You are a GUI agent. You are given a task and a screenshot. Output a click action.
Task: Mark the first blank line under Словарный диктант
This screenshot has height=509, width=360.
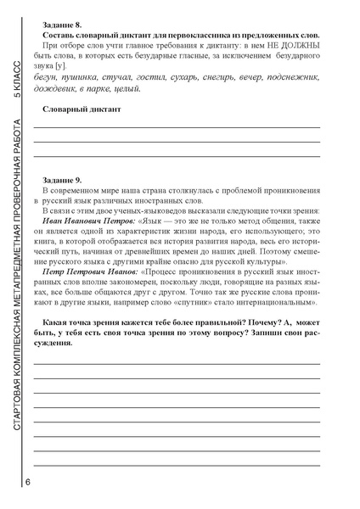176,126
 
